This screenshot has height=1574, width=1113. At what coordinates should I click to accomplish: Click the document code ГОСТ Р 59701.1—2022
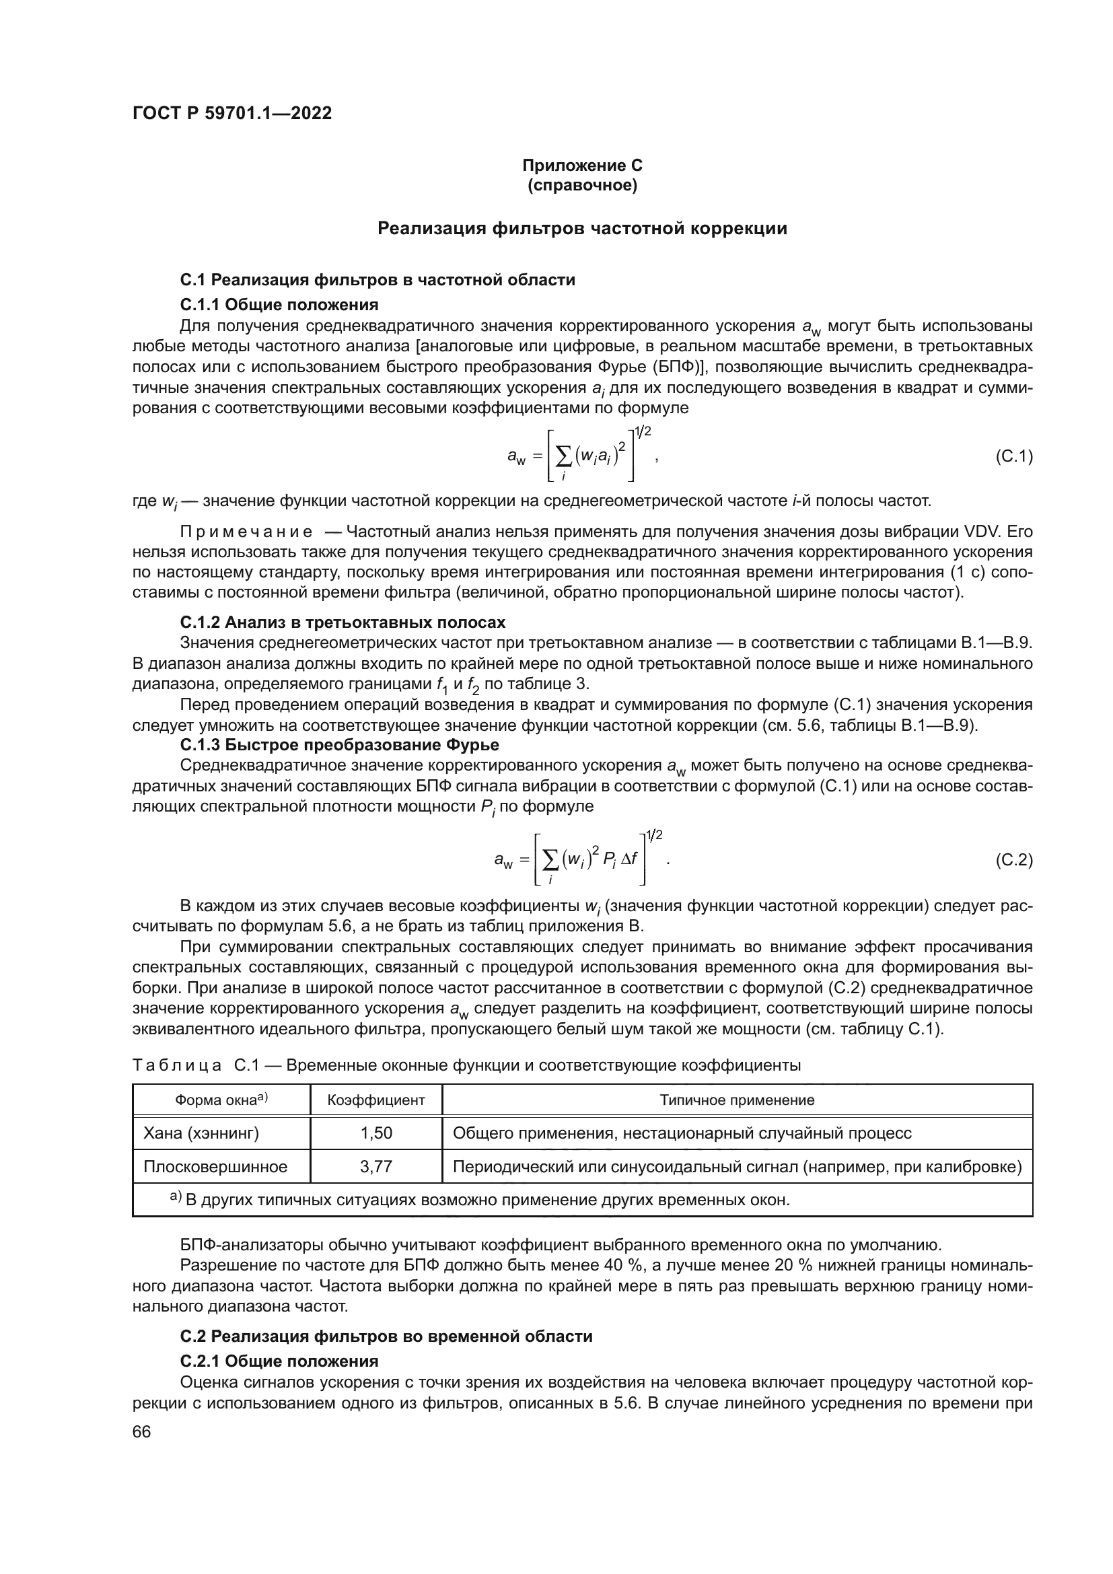pos(231,114)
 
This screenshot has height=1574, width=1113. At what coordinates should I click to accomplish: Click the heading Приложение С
pos(582,166)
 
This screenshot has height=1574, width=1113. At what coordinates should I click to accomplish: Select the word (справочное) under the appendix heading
pos(582,185)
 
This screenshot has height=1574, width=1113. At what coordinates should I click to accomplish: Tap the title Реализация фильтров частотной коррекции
pos(582,228)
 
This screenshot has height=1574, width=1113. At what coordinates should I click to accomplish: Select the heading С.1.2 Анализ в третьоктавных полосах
pos(343,622)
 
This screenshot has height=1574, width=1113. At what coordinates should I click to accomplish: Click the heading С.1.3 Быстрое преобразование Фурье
pos(339,744)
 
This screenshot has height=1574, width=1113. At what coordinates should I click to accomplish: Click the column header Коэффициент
pos(375,1100)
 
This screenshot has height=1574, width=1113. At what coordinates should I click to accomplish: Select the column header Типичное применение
pos(737,1100)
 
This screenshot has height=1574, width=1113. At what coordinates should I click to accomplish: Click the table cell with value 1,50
pos(375,1133)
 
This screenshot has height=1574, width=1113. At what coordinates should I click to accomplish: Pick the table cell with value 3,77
pos(375,1167)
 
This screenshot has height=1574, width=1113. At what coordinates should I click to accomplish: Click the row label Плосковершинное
pos(215,1167)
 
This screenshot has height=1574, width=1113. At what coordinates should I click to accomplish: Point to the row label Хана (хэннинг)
pos(201,1133)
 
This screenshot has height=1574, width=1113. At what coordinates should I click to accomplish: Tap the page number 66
pos(141,1432)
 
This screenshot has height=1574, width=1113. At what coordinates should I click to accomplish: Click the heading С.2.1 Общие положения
pos(279,1361)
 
